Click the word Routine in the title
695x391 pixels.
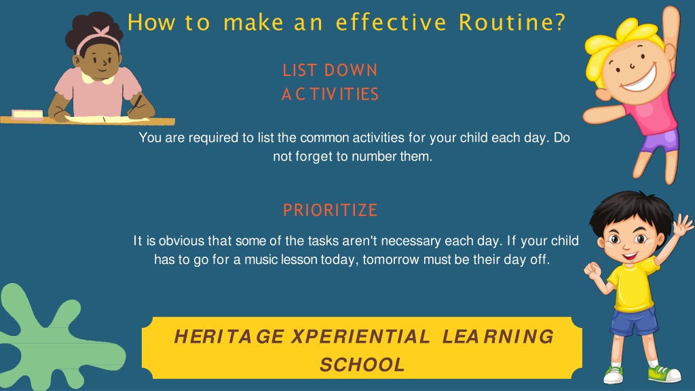(511, 22)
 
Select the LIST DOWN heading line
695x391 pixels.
(330, 71)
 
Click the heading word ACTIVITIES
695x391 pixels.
(330, 94)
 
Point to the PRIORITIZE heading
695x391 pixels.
(330, 210)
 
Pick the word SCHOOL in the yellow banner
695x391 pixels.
(362, 365)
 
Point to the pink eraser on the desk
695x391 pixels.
(27, 114)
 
